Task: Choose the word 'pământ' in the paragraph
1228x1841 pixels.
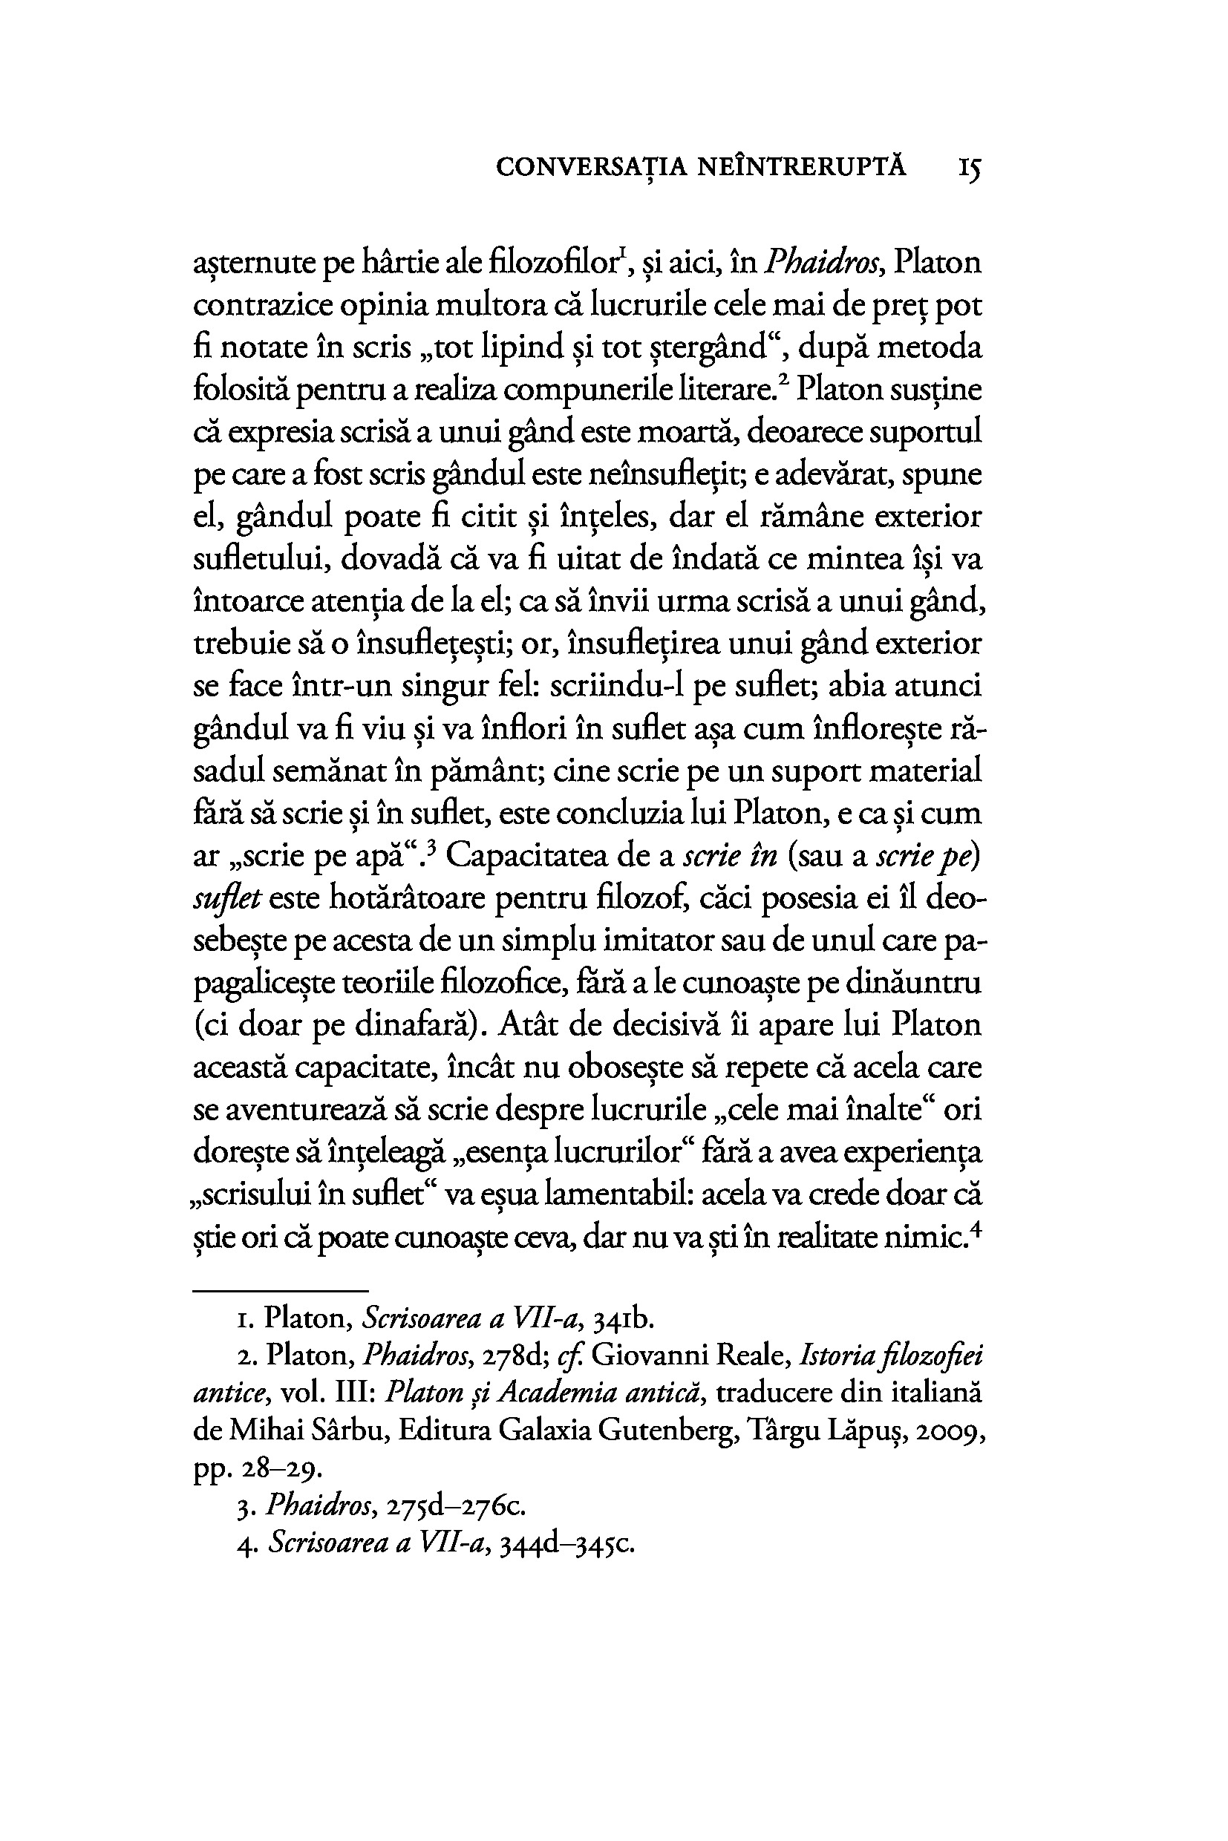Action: click(487, 771)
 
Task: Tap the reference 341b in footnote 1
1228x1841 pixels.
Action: click(624, 1321)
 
